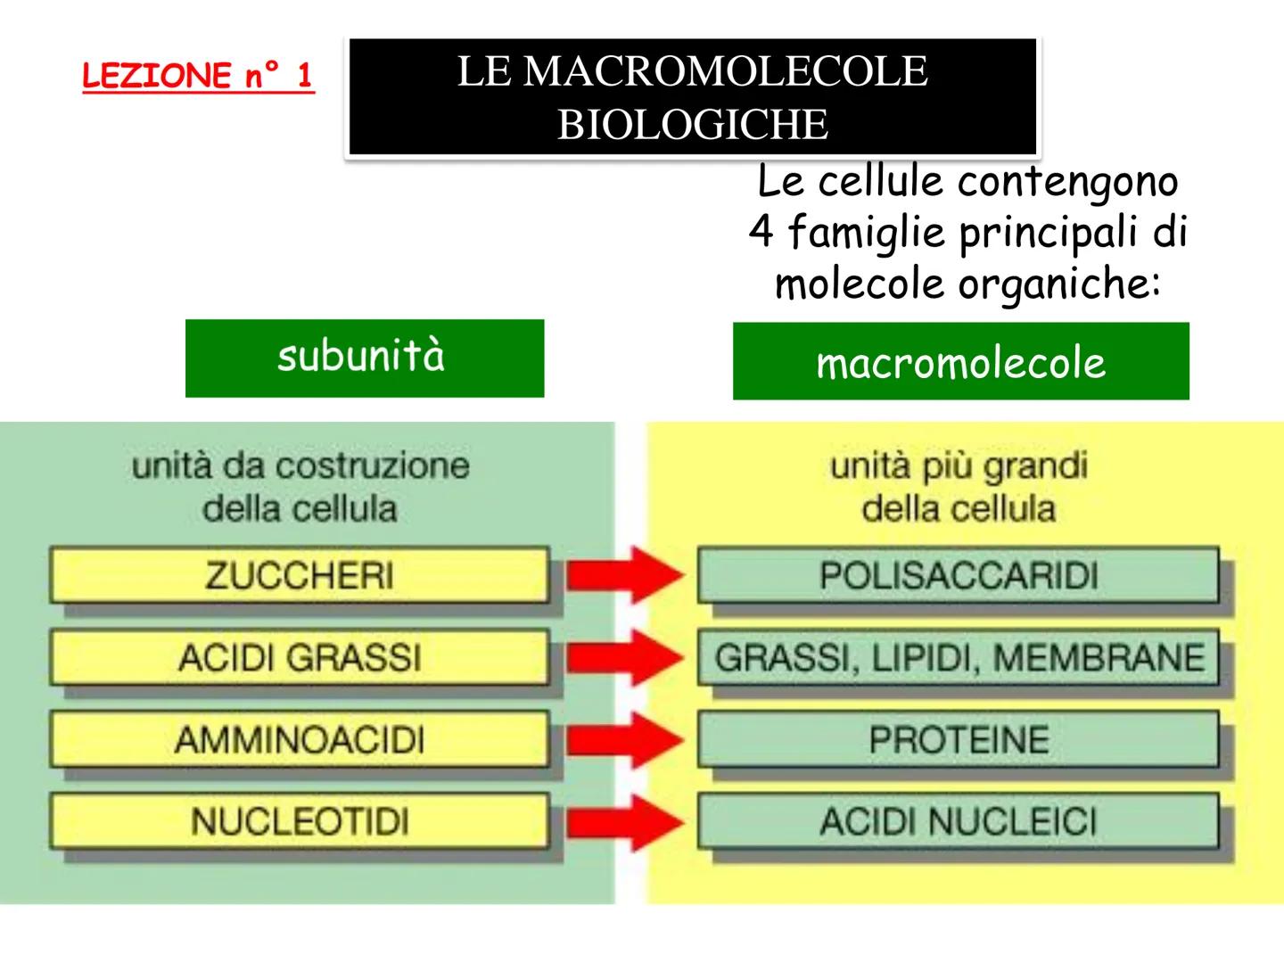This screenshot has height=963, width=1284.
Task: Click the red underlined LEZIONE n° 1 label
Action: coord(197,76)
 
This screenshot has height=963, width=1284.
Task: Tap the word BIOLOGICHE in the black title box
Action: coord(693,124)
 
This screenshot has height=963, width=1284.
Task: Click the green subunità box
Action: coord(364,358)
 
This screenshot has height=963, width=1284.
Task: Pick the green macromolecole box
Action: coord(960,361)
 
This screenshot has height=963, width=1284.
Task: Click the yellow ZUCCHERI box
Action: coord(299,575)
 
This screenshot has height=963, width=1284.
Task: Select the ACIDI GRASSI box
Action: coord(299,658)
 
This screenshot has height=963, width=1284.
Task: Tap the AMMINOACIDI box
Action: coord(299,740)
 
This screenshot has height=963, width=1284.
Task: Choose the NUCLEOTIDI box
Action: coord(299,821)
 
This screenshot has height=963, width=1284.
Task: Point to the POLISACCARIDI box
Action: coord(958,575)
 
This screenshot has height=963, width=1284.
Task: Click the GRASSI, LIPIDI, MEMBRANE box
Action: coord(958,658)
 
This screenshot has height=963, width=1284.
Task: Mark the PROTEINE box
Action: coord(958,740)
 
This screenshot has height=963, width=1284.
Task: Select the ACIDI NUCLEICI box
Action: coord(958,821)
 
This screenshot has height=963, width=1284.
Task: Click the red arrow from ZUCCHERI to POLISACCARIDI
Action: coord(624,575)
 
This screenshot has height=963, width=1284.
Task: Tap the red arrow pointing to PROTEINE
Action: coord(624,740)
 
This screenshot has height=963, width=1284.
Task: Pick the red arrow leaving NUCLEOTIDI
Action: coord(624,821)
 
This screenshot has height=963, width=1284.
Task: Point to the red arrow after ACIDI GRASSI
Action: coord(624,658)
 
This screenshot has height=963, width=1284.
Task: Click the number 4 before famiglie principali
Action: coord(761,233)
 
